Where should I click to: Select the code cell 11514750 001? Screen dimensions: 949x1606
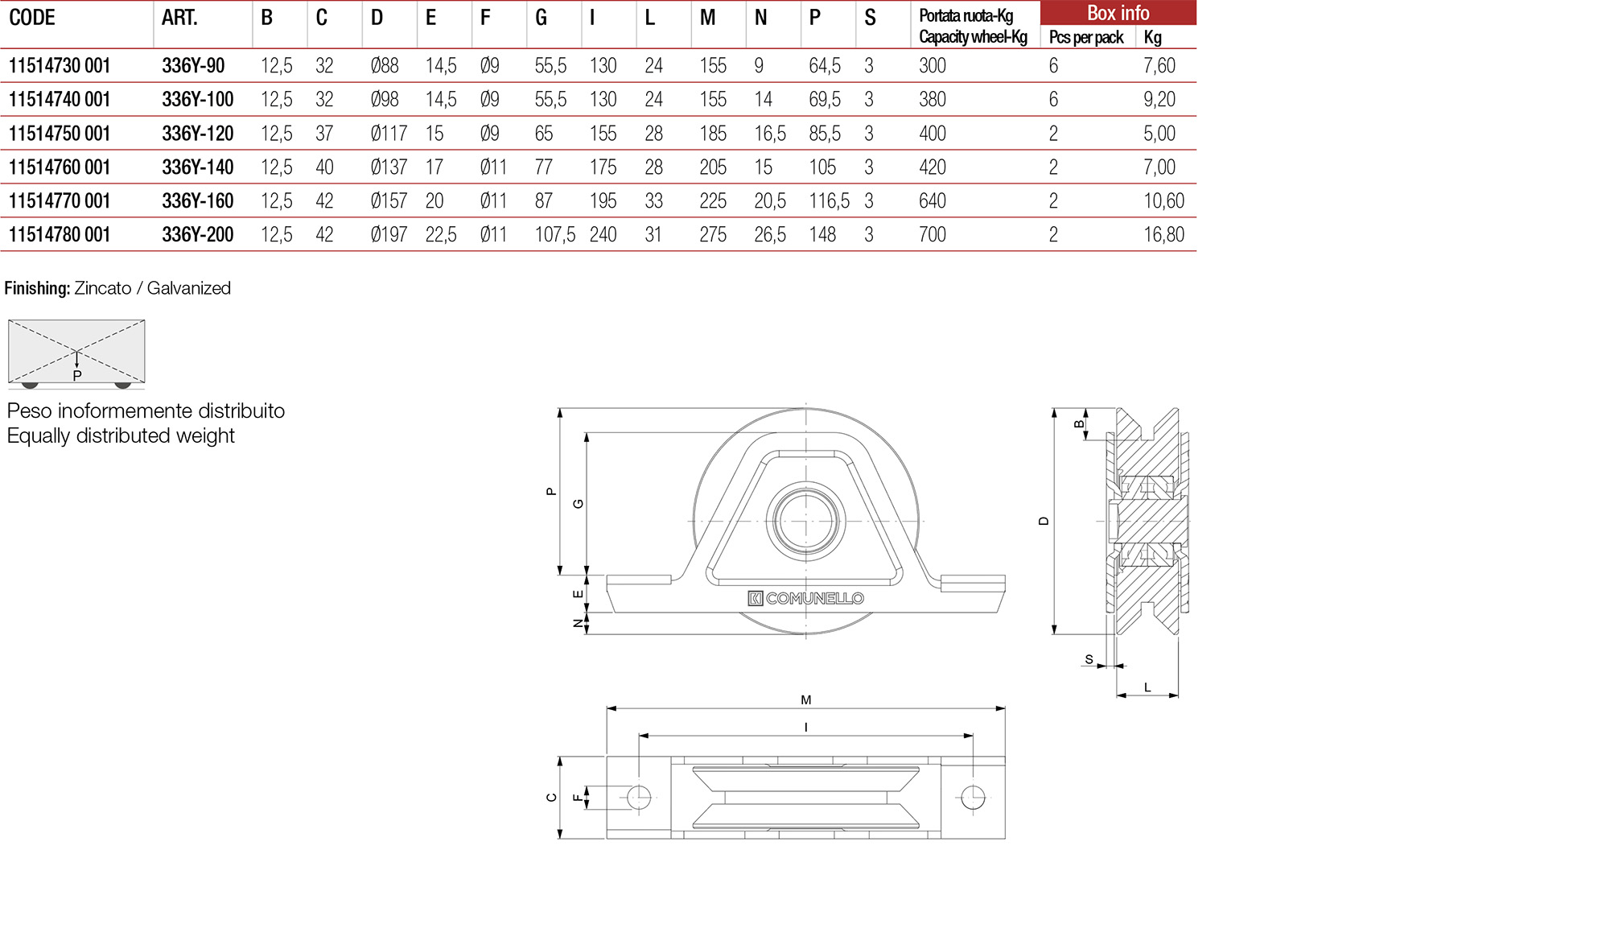coord(60,134)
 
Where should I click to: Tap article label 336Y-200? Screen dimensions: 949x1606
coord(197,235)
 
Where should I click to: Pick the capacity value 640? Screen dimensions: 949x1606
coord(932,201)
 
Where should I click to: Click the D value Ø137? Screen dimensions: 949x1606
coord(388,167)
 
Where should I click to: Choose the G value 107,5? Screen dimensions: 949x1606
coord(554,235)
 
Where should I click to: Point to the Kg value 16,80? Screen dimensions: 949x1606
coord(1163,235)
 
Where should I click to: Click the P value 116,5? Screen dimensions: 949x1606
coord(829,201)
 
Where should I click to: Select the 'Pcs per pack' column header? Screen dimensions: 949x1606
coord(1085,38)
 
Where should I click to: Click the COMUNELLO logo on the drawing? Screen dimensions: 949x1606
coord(805,598)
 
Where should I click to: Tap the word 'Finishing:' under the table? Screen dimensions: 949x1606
coord(37,288)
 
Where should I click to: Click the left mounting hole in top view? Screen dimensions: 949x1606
coord(639,797)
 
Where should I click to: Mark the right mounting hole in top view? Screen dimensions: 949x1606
coord(973,797)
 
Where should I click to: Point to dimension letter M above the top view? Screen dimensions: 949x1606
coord(805,700)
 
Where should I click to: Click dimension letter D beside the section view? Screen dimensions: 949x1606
coord(1044,521)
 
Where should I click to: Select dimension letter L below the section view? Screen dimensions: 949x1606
coord(1147,687)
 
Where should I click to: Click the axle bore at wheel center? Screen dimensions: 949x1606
coord(805,521)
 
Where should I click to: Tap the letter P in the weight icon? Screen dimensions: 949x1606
coord(77,376)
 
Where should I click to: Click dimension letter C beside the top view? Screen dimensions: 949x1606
coord(551,798)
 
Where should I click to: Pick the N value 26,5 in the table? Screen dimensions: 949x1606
coord(769,235)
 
